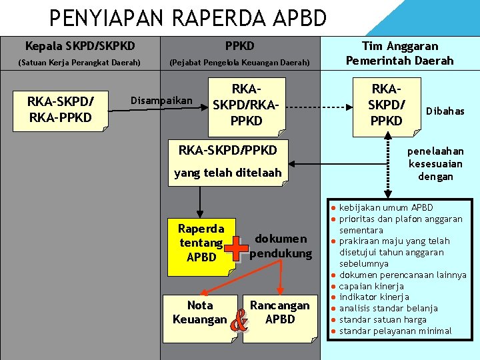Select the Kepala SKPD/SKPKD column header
(x=79, y=46)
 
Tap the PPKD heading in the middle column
(x=239, y=46)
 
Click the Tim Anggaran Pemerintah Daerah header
(x=399, y=53)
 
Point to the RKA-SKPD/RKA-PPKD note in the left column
(x=60, y=110)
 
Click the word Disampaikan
(x=161, y=101)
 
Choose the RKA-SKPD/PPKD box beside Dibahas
(x=386, y=105)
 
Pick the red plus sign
(x=237, y=247)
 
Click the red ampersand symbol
(x=238, y=323)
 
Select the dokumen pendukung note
(x=281, y=246)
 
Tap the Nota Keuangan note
(x=199, y=313)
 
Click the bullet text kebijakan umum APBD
(x=385, y=207)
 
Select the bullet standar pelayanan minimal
(x=395, y=331)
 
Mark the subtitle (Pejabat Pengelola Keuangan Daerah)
(x=239, y=63)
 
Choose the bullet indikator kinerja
(x=374, y=297)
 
